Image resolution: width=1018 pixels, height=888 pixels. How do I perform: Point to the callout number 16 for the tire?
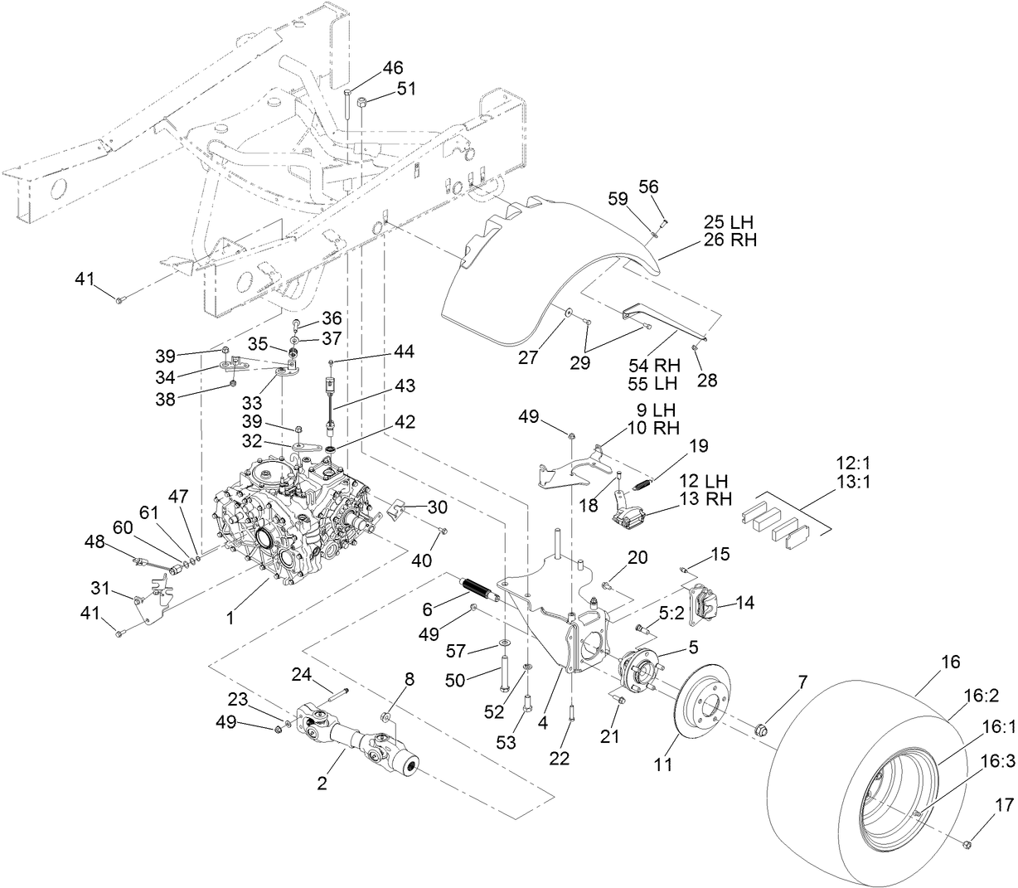(x=950, y=662)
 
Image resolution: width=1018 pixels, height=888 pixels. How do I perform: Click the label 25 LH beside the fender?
(x=730, y=222)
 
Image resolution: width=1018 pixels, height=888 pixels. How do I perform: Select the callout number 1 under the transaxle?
(x=230, y=617)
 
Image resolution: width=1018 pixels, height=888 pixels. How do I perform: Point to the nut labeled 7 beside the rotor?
(x=762, y=730)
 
